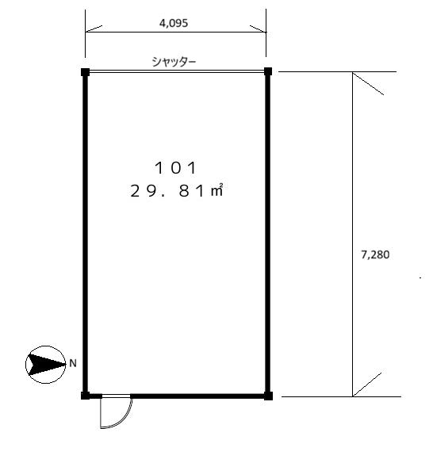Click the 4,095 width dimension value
[x=174, y=23]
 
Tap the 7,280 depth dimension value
[x=375, y=254]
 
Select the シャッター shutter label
[x=174, y=62]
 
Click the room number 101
[x=175, y=168]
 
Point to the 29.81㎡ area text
[x=176, y=190]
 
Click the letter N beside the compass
[x=73, y=363]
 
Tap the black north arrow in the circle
[x=46, y=365]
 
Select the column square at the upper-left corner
[x=85, y=72]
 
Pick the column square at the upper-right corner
[x=267, y=71]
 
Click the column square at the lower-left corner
[x=85, y=396]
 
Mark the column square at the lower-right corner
[x=268, y=396]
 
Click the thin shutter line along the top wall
[x=176, y=71]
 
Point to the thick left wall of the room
[x=85, y=234]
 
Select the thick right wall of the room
[x=267, y=234]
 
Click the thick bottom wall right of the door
[x=197, y=396]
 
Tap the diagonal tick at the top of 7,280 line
[x=368, y=83]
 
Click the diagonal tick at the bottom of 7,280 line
[x=367, y=385]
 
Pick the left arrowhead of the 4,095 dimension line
[x=94, y=29]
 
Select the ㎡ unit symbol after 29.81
[x=216, y=190]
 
